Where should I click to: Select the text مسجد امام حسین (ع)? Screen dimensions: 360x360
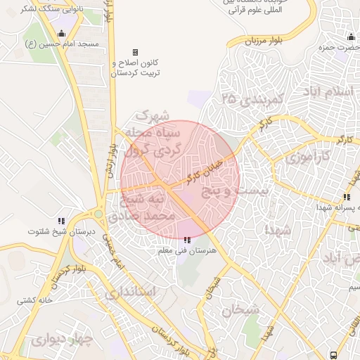[x=68, y=44]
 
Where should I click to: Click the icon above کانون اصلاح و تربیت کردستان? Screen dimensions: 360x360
[x=135, y=52]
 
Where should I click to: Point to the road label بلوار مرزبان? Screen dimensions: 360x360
[x=262, y=41]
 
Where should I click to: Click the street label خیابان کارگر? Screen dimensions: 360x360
[x=205, y=172]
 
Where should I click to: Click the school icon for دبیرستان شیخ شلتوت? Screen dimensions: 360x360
[x=61, y=221]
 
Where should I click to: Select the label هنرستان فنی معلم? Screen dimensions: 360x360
[x=186, y=251]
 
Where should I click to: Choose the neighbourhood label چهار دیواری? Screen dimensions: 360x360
[x=62, y=341]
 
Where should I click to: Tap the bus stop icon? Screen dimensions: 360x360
[x=333, y=355]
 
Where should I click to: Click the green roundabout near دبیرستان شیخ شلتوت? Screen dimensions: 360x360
[x=98, y=214]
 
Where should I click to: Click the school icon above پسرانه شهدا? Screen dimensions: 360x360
[x=346, y=197]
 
